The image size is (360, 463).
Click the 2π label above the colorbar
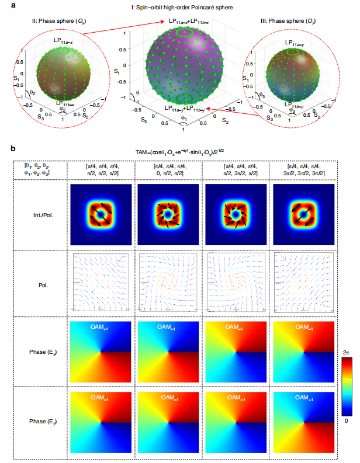[347, 352]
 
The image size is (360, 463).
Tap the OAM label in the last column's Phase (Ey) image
[302, 397]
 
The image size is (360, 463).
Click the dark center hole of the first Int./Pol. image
[101, 215]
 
